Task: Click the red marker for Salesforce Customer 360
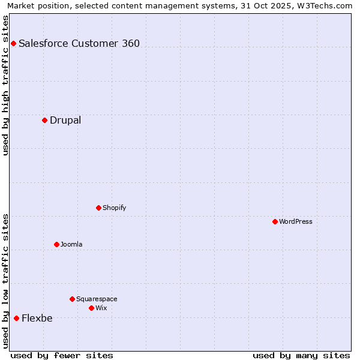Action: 13,43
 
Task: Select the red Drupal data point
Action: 44,120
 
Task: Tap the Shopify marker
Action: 98,208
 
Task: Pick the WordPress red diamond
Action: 275,221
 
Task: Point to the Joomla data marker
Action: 56,244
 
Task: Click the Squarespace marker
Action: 72,299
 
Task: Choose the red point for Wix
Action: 91,308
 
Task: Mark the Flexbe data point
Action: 16,318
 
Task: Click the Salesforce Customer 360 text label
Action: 79,43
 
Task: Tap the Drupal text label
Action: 65,120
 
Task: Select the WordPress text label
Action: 296,221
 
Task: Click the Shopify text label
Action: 115,208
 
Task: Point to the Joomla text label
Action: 71,244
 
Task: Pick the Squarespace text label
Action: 97,299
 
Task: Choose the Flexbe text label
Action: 37,318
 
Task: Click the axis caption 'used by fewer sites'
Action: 62,355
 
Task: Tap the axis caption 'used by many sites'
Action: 301,355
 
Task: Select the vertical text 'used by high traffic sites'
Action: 5,85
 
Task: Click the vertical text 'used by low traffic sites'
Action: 5,281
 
